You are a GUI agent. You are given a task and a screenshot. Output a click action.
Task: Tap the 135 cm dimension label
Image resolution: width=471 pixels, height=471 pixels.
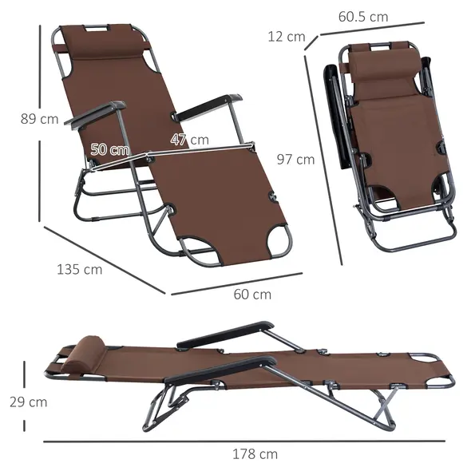click(80, 269)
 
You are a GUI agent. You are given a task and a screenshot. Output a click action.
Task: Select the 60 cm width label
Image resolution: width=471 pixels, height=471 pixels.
click(252, 294)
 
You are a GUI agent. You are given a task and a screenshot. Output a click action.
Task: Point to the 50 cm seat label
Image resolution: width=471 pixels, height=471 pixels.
click(110, 149)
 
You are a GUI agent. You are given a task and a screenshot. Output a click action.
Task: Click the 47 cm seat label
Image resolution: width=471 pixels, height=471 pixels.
click(189, 140)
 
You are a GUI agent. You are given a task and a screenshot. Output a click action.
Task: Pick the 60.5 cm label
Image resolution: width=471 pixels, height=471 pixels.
click(362, 16)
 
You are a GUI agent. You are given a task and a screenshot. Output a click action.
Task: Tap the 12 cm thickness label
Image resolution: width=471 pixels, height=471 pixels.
click(285, 36)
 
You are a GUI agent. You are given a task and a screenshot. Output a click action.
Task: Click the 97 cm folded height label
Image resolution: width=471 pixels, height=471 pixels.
click(295, 159)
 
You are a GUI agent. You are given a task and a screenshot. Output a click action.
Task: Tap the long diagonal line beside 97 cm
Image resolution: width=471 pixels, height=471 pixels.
click(323, 160)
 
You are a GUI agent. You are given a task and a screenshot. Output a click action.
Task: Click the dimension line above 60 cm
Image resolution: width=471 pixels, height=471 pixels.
click(237, 282)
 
